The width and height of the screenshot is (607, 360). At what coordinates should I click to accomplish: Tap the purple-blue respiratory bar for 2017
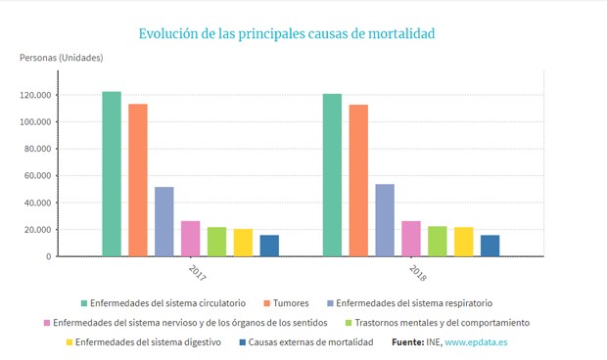pyautogui.click(x=163, y=221)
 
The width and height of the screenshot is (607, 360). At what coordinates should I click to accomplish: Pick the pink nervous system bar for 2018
pyautogui.click(x=411, y=239)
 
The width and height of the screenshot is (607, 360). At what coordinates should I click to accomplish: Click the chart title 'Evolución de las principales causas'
pyautogui.click(x=286, y=33)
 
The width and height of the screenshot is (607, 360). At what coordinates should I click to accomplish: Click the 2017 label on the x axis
pyautogui.click(x=192, y=271)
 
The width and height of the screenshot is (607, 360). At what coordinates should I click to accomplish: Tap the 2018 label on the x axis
pyautogui.click(x=414, y=271)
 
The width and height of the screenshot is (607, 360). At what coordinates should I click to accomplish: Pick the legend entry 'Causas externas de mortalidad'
pyautogui.click(x=310, y=342)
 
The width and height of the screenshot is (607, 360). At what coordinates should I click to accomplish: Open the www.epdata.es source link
pyautogui.click(x=476, y=342)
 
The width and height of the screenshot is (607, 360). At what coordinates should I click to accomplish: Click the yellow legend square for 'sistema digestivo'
pyautogui.click(x=70, y=342)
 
